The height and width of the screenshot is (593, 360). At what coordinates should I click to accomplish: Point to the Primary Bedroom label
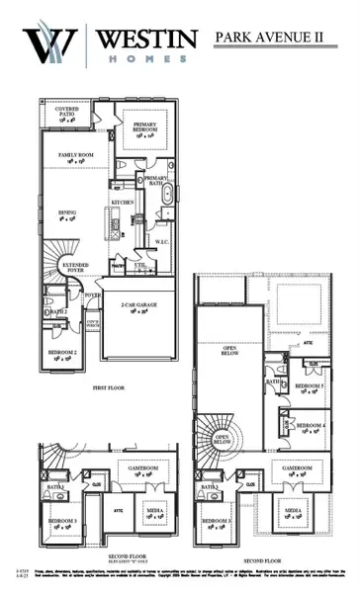(x=144, y=126)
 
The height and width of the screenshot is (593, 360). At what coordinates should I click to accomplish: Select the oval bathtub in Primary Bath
(x=165, y=194)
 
